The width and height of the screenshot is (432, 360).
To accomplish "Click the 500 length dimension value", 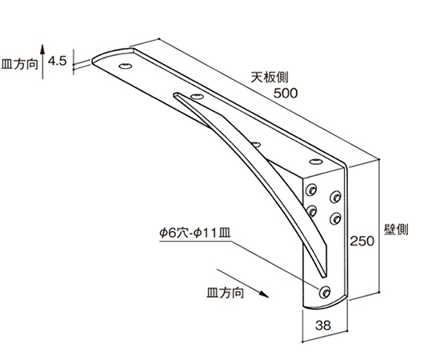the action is (286, 93).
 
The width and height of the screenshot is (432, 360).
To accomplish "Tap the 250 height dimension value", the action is (362, 241).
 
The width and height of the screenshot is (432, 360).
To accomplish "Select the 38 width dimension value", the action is (323, 326).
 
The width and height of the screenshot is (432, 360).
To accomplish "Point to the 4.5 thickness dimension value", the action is (58, 61).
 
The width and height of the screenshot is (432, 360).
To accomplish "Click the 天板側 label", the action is (269, 77).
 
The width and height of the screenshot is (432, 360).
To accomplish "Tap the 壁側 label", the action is (396, 230).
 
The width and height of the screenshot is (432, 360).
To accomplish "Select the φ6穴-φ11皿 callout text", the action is (195, 234).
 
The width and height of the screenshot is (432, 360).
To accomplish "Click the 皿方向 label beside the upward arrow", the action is (19, 65).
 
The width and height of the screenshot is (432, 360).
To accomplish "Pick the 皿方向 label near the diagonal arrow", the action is (226, 293).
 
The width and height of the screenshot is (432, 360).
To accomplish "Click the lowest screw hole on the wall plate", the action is (325, 292).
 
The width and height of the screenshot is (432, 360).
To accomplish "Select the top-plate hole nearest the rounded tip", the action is (126, 66).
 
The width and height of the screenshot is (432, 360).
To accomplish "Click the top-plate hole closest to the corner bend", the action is (316, 162).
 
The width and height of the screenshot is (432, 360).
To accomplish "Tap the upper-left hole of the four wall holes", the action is (311, 190).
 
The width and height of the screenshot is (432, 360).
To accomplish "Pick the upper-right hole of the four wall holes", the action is (335, 197).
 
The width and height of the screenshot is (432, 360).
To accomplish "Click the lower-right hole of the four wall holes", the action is (335, 218).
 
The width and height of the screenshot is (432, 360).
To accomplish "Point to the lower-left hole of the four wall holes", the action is (311, 211).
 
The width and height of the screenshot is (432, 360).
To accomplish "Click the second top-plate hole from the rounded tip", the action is (197, 97).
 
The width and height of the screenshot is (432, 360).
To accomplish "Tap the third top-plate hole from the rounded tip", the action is (256, 144).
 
